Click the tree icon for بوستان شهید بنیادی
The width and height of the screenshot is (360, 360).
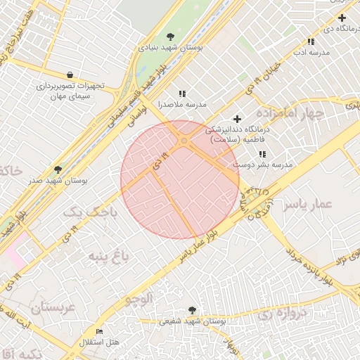[170, 36]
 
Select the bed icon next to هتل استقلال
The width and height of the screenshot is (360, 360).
[99, 331]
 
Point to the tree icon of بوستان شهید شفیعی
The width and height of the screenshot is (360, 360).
[192, 309]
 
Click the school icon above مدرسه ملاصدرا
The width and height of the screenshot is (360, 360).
[182, 94]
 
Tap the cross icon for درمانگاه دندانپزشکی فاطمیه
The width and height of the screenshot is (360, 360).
[237, 120]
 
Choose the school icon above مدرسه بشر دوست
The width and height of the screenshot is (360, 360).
[262, 154]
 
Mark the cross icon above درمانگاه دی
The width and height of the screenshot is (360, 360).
[342, 18]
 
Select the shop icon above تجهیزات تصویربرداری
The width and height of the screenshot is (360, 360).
[70, 75]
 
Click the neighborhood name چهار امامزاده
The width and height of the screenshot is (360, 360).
[290, 112]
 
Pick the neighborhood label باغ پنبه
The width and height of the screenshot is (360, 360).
[105, 256]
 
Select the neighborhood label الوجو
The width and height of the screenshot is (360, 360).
[139, 299]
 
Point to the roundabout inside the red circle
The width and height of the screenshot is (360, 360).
[184, 141]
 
